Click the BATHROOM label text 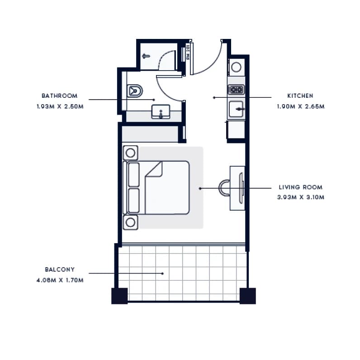[x=59, y=96]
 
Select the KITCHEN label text [x=300, y=96]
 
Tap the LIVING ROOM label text [x=301, y=187]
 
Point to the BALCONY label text [x=60, y=269]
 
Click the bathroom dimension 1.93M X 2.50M [x=60, y=107]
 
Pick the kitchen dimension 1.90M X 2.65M [x=301, y=107]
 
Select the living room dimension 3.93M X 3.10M [x=301, y=197]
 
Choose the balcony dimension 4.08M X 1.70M [x=60, y=280]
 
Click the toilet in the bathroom [x=134, y=91]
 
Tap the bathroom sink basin [x=161, y=112]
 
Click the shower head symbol [x=146, y=56]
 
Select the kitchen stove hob [x=236, y=89]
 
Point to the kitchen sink [x=236, y=109]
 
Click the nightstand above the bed [x=130, y=153]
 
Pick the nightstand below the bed [x=130, y=222]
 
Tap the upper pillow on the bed [x=133, y=174]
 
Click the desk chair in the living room [x=224, y=188]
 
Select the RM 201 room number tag [x=188, y=52]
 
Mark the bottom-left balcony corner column [x=119, y=296]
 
